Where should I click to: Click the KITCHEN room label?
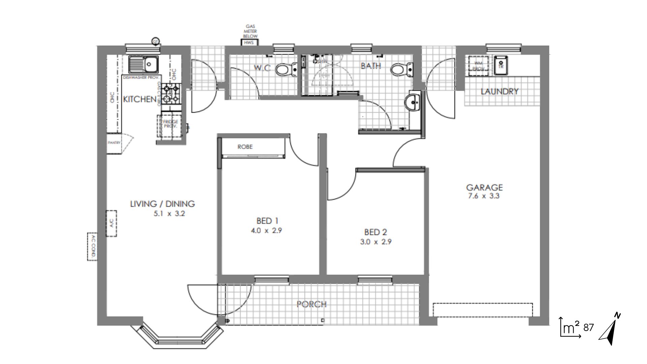(x=140, y=99)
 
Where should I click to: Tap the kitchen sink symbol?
(x=144, y=64)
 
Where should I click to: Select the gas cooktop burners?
(x=171, y=94)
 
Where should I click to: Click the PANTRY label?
(x=114, y=143)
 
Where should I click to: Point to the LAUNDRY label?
(x=499, y=91)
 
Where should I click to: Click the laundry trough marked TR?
(x=500, y=65)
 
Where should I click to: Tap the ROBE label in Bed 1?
(x=245, y=147)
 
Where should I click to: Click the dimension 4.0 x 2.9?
(x=266, y=231)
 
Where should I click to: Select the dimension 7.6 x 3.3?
(x=484, y=196)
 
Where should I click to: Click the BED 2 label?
(x=375, y=232)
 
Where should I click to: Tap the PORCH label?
(x=311, y=304)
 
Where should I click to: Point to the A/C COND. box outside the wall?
(x=92, y=246)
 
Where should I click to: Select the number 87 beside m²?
(x=588, y=328)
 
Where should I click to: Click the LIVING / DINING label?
(x=162, y=204)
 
